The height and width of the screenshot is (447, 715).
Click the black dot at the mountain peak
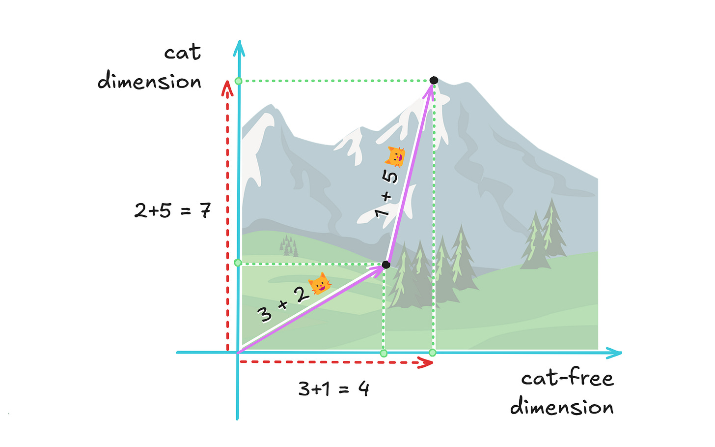point(434,80)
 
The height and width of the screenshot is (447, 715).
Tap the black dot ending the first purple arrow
point(386,265)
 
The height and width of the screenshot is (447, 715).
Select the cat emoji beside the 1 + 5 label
point(395,157)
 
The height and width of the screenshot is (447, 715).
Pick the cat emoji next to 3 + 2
point(319,284)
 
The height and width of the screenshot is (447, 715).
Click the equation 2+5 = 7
point(173,210)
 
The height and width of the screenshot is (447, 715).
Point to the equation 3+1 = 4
point(334,389)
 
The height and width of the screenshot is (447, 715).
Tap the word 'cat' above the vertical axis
point(183,53)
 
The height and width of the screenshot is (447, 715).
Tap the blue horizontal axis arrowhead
point(615,353)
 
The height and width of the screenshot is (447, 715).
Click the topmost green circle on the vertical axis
point(239,81)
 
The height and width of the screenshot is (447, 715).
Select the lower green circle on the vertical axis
point(238,263)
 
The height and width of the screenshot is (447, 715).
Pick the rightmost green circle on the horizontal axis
point(432,353)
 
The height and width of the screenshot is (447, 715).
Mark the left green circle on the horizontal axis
point(384,353)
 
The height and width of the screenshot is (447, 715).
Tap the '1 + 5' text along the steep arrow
point(386,195)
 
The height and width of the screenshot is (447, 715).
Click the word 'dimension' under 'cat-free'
point(562,407)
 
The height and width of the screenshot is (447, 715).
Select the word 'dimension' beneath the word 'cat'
point(150,81)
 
